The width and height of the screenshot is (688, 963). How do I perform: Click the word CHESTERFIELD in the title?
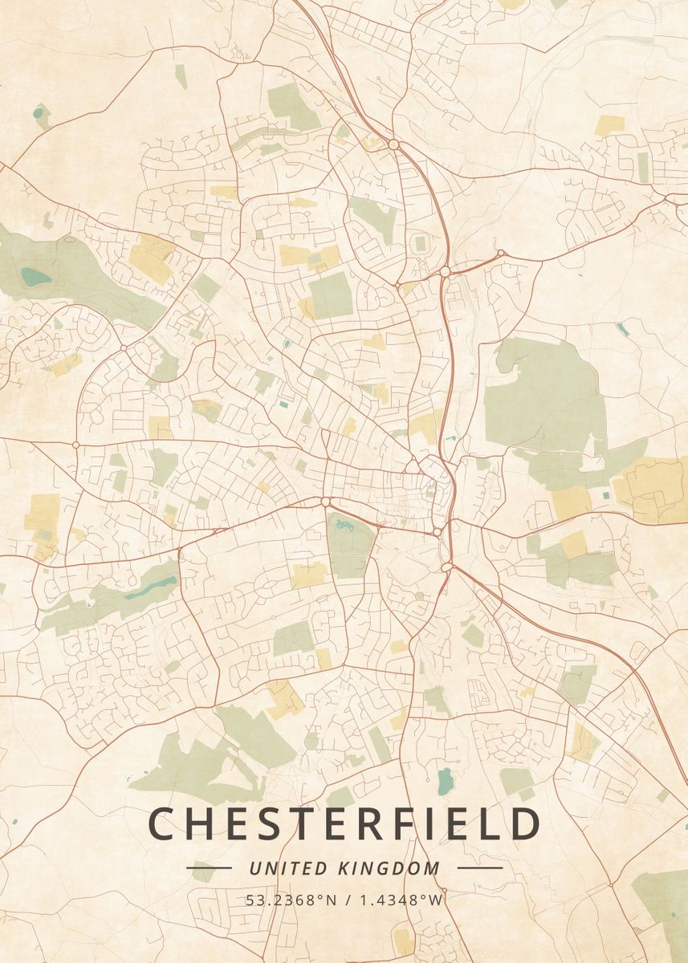point(344,824)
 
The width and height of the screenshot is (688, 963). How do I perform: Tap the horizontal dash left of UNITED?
point(209,868)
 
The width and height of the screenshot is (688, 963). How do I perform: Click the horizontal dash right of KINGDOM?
point(479,868)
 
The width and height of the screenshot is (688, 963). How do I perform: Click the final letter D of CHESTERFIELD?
point(526,824)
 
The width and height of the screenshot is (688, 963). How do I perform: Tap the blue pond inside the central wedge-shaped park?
point(346,526)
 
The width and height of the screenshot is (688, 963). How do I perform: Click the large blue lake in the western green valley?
point(35,278)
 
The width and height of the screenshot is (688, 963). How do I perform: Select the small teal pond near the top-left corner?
point(38,115)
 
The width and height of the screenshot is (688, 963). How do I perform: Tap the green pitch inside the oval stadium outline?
point(420,242)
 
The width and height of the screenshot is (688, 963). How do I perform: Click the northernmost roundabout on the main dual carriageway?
point(393,144)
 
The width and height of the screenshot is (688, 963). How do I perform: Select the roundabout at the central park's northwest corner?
point(326,502)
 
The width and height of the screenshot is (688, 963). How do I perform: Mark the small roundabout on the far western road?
point(75,444)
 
